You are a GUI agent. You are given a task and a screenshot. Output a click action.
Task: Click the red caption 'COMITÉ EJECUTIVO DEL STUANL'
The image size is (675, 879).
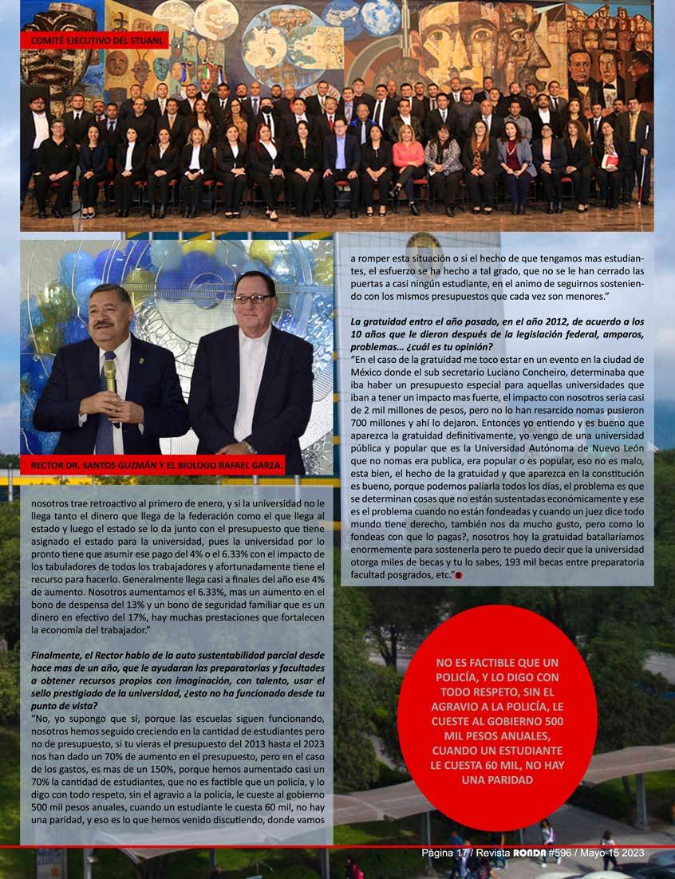(x=94, y=40)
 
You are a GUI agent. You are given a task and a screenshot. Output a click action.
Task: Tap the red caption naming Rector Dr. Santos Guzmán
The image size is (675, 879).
(x=152, y=464)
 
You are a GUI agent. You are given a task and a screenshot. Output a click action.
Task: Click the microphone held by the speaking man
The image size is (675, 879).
(x=110, y=375)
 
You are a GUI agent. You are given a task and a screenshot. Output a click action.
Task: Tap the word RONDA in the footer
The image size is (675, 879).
(x=527, y=853)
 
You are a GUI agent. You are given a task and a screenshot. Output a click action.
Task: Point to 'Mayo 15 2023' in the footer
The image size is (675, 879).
(x=614, y=853)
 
